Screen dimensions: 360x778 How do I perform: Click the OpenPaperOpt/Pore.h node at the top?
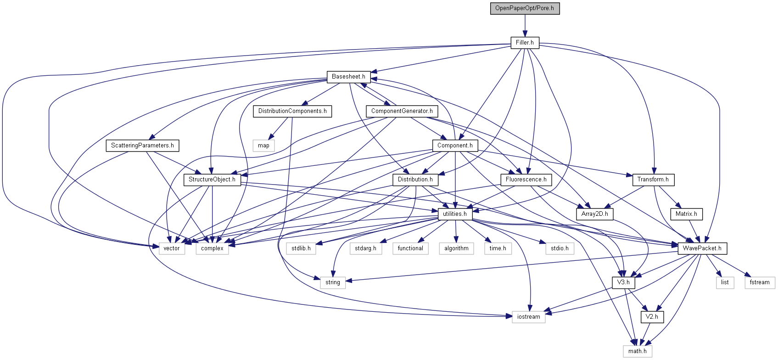525,8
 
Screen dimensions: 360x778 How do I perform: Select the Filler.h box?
525,43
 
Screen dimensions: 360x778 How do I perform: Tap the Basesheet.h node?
348,77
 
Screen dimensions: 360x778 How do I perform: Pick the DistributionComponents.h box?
292,111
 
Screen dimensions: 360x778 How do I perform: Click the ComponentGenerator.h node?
402,111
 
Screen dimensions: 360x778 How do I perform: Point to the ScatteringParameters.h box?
142,146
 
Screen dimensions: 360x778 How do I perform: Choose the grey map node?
263,146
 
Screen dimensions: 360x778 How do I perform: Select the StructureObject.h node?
212,180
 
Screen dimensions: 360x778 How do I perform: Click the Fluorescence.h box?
526,180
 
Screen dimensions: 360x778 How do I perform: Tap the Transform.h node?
653,180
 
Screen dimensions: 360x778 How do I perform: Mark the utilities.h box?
454,214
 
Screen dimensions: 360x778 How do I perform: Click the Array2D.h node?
594,214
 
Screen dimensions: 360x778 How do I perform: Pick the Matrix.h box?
686,214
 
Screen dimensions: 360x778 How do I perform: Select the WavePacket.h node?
702,248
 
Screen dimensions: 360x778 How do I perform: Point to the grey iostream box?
528,317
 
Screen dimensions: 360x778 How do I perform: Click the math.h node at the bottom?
637,351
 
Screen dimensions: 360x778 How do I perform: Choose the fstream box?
759,282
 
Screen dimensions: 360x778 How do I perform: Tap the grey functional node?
410,248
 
